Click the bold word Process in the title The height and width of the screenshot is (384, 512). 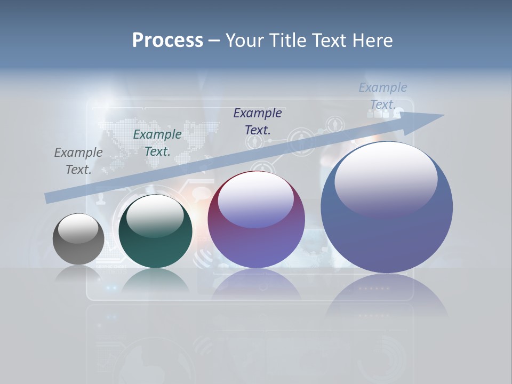(167, 41)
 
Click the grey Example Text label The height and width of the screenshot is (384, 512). (78, 161)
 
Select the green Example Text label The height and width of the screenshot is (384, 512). (157, 143)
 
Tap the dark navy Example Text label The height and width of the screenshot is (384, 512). (258, 122)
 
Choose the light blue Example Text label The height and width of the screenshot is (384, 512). (383, 96)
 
